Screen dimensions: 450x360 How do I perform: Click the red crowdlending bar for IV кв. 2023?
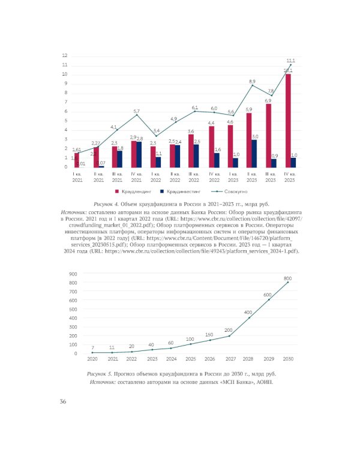(288, 120)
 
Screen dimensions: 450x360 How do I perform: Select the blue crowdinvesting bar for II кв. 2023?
(255, 153)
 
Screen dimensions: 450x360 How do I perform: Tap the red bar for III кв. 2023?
(268, 136)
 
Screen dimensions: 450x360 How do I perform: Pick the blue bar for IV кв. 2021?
(139, 154)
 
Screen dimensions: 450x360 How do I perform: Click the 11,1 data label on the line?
(290, 61)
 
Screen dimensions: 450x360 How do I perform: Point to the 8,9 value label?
(252, 81)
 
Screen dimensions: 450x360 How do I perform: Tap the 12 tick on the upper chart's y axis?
(64, 56)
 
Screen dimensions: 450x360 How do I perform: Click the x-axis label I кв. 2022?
(155, 176)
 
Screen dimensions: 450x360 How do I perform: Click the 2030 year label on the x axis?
(287, 358)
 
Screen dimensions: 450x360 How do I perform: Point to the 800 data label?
(287, 278)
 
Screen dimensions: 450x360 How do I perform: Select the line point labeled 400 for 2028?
(248, 317)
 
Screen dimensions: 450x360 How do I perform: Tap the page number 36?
(62, 401)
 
